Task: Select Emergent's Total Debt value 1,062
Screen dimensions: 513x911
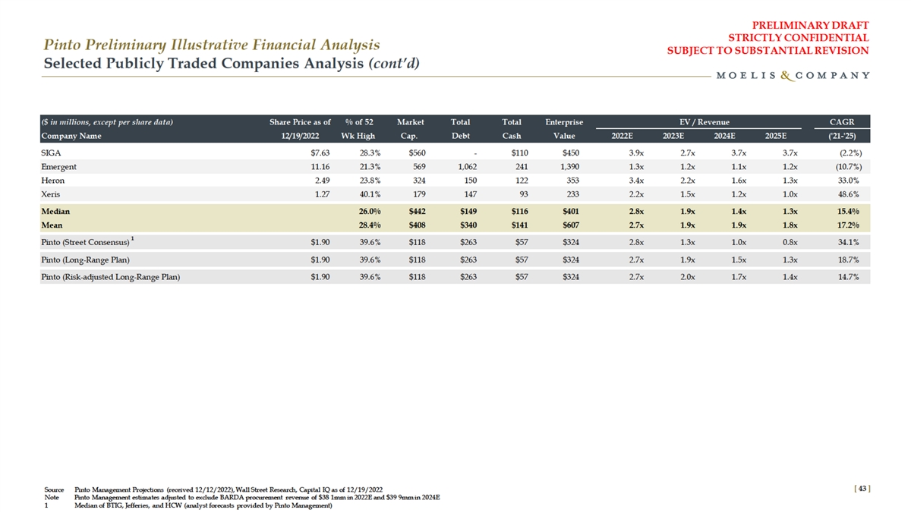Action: [460, 166]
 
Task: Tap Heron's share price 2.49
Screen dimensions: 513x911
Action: [320, 181]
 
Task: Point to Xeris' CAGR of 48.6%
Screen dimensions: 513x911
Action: [856, 195]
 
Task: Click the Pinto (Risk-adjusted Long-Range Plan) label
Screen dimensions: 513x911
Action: [110, 276]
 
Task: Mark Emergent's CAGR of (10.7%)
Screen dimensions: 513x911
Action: [854, 166]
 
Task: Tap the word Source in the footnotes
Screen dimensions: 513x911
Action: [54, 489]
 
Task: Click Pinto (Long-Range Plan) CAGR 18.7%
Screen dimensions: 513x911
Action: [856, 260]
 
